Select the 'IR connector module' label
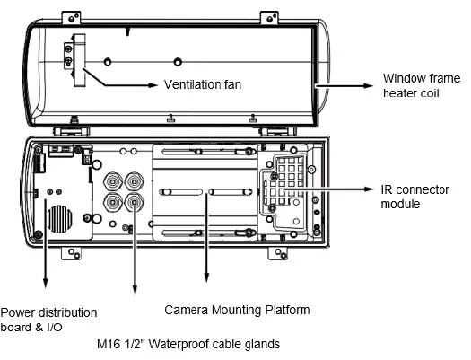(x=413, y=197)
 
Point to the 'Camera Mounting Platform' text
(x=237, y=311)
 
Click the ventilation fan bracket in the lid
(x=72, y=53)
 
